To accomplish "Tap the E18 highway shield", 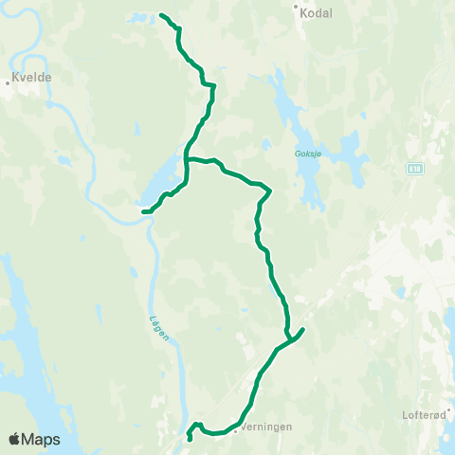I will [415, 169].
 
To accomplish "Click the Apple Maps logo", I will [34, 439].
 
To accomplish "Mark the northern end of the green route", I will [161, 16].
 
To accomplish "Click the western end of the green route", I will [143, 211].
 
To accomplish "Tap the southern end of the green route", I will [191, 439].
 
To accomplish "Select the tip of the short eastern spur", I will [302, 329].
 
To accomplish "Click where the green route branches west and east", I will [187, 159].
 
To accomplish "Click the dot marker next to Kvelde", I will [8, 82].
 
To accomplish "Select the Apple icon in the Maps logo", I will [14, 439].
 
